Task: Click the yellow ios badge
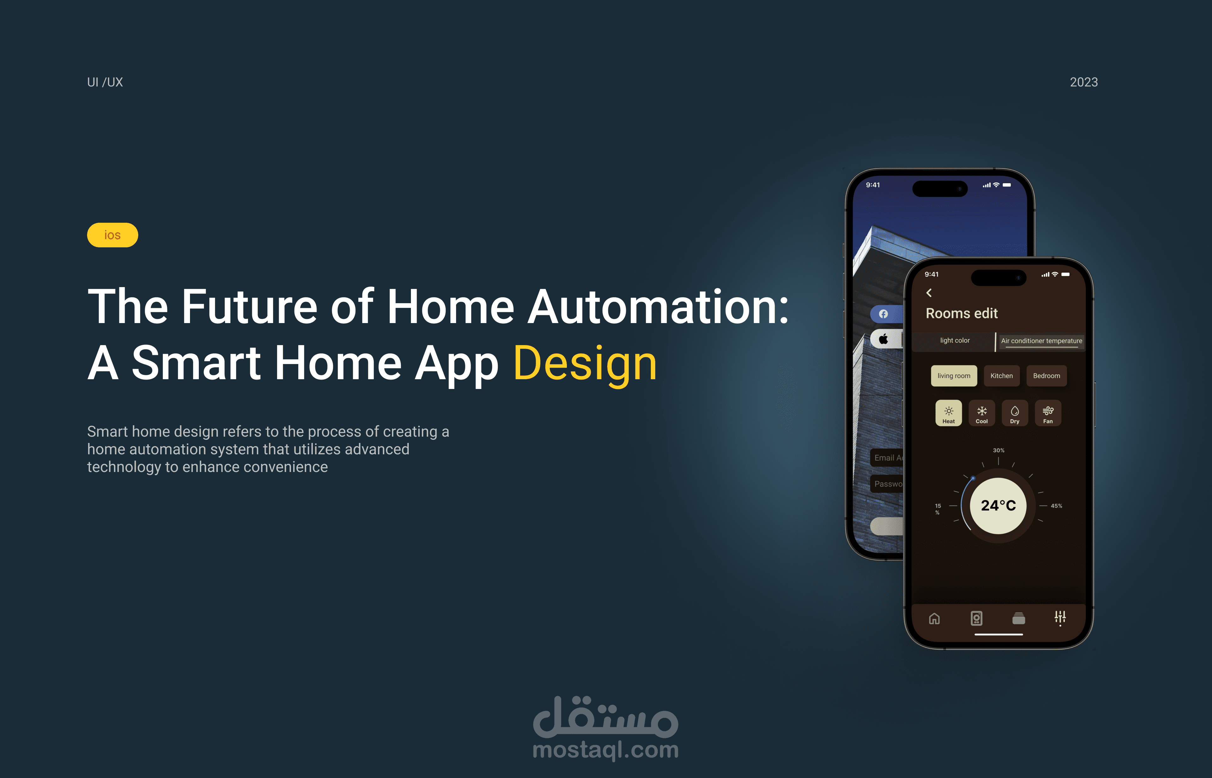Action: coord(112,235)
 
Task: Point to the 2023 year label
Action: coord(1083,82)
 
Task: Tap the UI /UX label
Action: coord(105,82)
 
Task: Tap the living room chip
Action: coord(954,376)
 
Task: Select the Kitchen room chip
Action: coord(1001,376)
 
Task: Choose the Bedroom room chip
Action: coord(1046,376)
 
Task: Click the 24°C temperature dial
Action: coord(998,506)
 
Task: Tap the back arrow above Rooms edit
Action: coord(929,293)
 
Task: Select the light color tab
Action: coord(955,340)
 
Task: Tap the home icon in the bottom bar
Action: coord(935,618)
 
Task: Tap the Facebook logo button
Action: coord(883,314)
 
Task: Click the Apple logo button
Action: coord(883,339)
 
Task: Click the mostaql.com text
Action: coord(605,750)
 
